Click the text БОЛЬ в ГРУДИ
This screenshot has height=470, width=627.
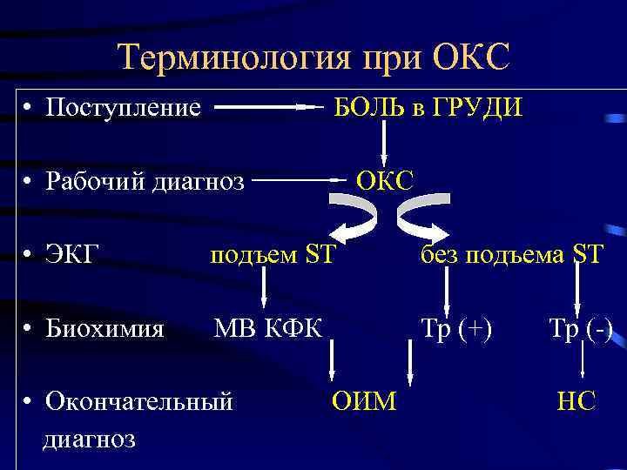tap(429, 108)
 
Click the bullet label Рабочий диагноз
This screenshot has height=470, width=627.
tap(145, 181)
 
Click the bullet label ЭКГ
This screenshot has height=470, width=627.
tap(73, 254)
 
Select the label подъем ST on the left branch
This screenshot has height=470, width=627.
tap(271, 255)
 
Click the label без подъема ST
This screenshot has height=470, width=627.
tap(510, 255)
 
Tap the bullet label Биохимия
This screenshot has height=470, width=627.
tap(105, 328)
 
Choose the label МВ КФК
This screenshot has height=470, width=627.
tap(268, 328)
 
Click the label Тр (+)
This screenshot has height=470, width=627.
tap(456, 328)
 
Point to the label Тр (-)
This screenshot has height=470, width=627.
tap(580, 328)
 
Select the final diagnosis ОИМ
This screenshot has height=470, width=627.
tap(364, 400)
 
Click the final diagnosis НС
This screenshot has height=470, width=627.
tap(576, 401)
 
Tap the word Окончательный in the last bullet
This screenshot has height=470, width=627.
tap(139, 401)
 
